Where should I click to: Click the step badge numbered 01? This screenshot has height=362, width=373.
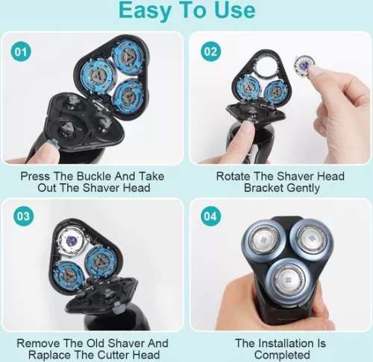[x=21, y=52]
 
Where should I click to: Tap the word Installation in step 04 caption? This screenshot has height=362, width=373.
[x=290, y=343]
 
